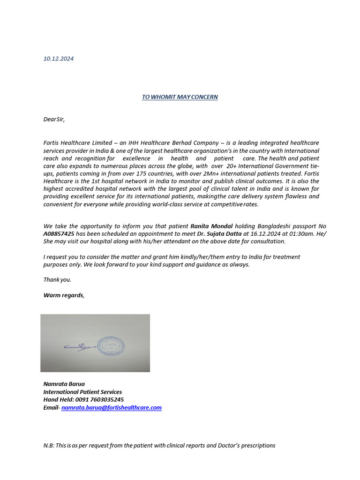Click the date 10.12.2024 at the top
58,59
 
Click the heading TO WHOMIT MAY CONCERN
180,97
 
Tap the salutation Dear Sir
54,119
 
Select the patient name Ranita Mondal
211,226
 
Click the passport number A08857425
59,233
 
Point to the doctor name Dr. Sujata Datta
219,233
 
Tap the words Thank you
57,279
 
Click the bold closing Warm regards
64,295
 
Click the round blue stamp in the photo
111,346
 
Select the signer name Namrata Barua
64,384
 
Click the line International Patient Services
82,392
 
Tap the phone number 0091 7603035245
99,400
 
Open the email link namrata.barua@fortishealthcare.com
112,408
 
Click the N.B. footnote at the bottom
159,445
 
